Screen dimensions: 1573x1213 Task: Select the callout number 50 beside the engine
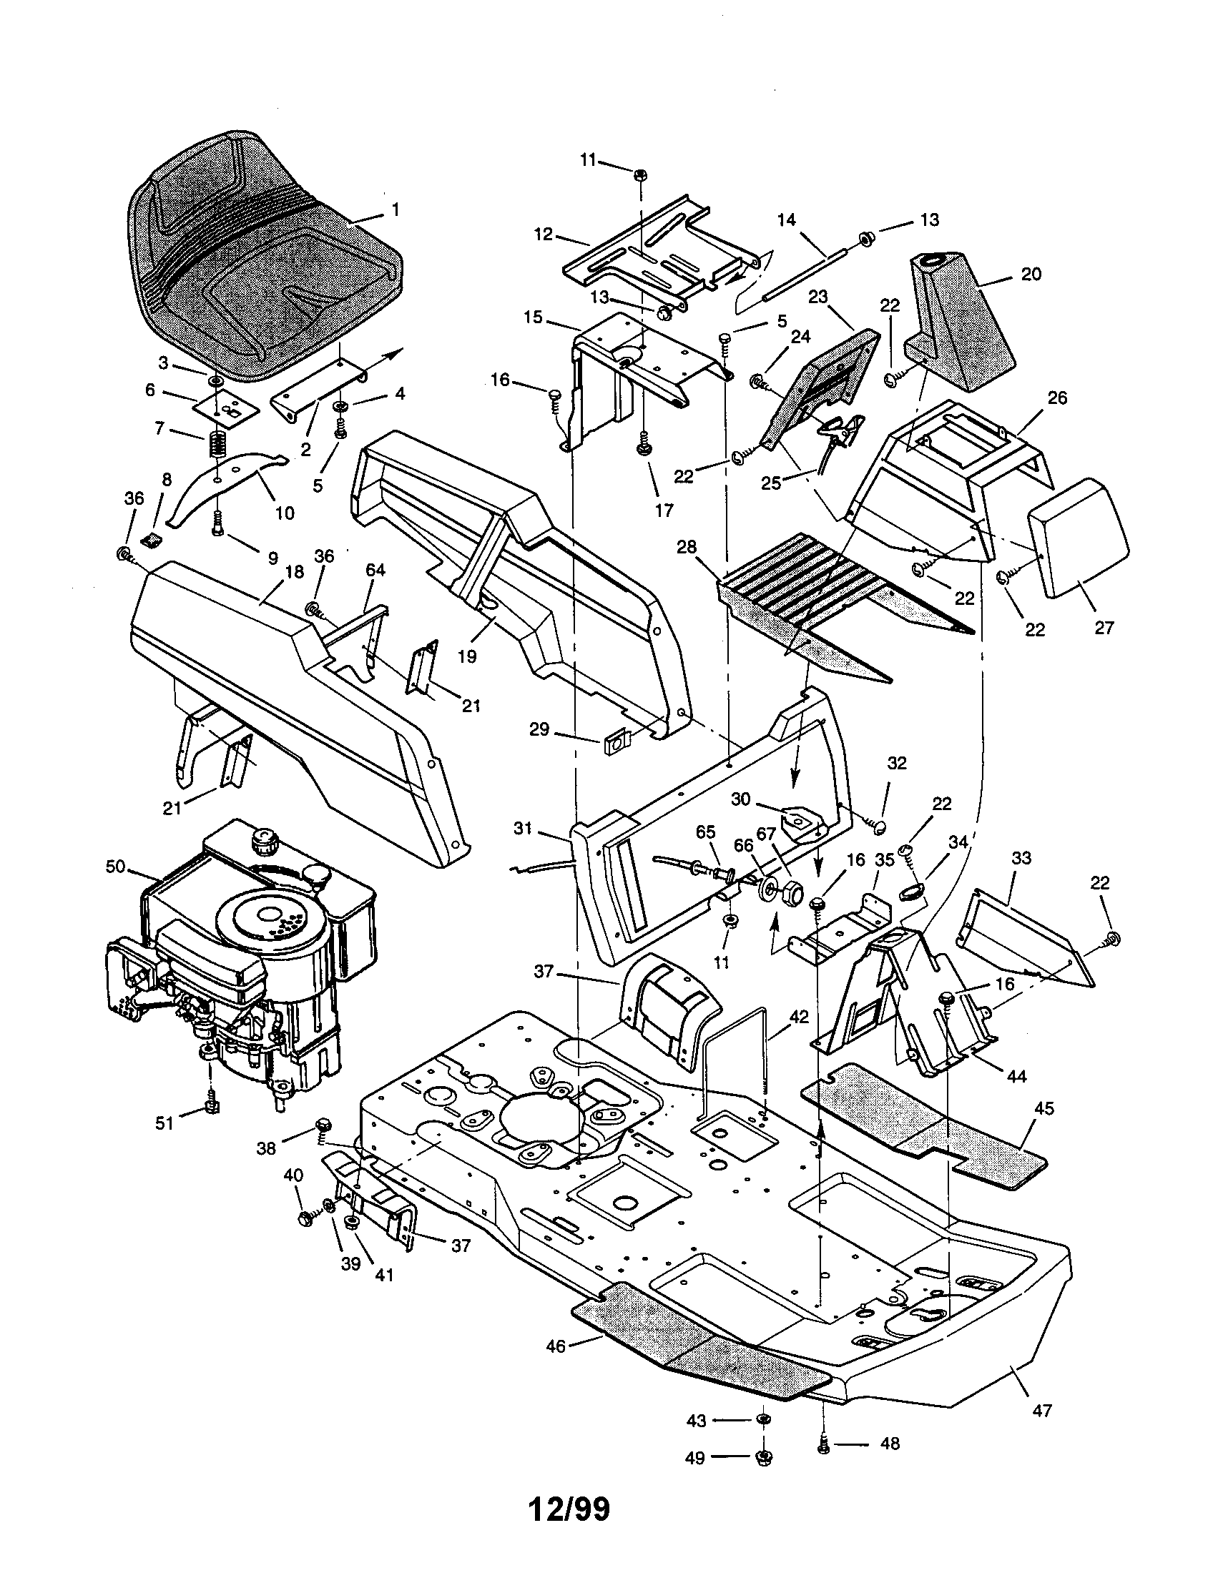coord(115,867)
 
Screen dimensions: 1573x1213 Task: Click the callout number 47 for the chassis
coord(1041,1411)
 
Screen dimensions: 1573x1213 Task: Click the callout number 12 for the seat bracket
coord(543,234)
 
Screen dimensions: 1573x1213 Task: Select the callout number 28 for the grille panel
coord(686,547)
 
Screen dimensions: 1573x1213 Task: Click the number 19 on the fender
coord(468,656)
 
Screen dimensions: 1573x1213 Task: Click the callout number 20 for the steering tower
coord(1031,274)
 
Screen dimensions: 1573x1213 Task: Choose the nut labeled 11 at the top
coord(639,175)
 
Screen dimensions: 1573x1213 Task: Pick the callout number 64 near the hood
coord(375,570)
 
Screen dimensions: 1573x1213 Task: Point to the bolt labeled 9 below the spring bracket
coord(218,530)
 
